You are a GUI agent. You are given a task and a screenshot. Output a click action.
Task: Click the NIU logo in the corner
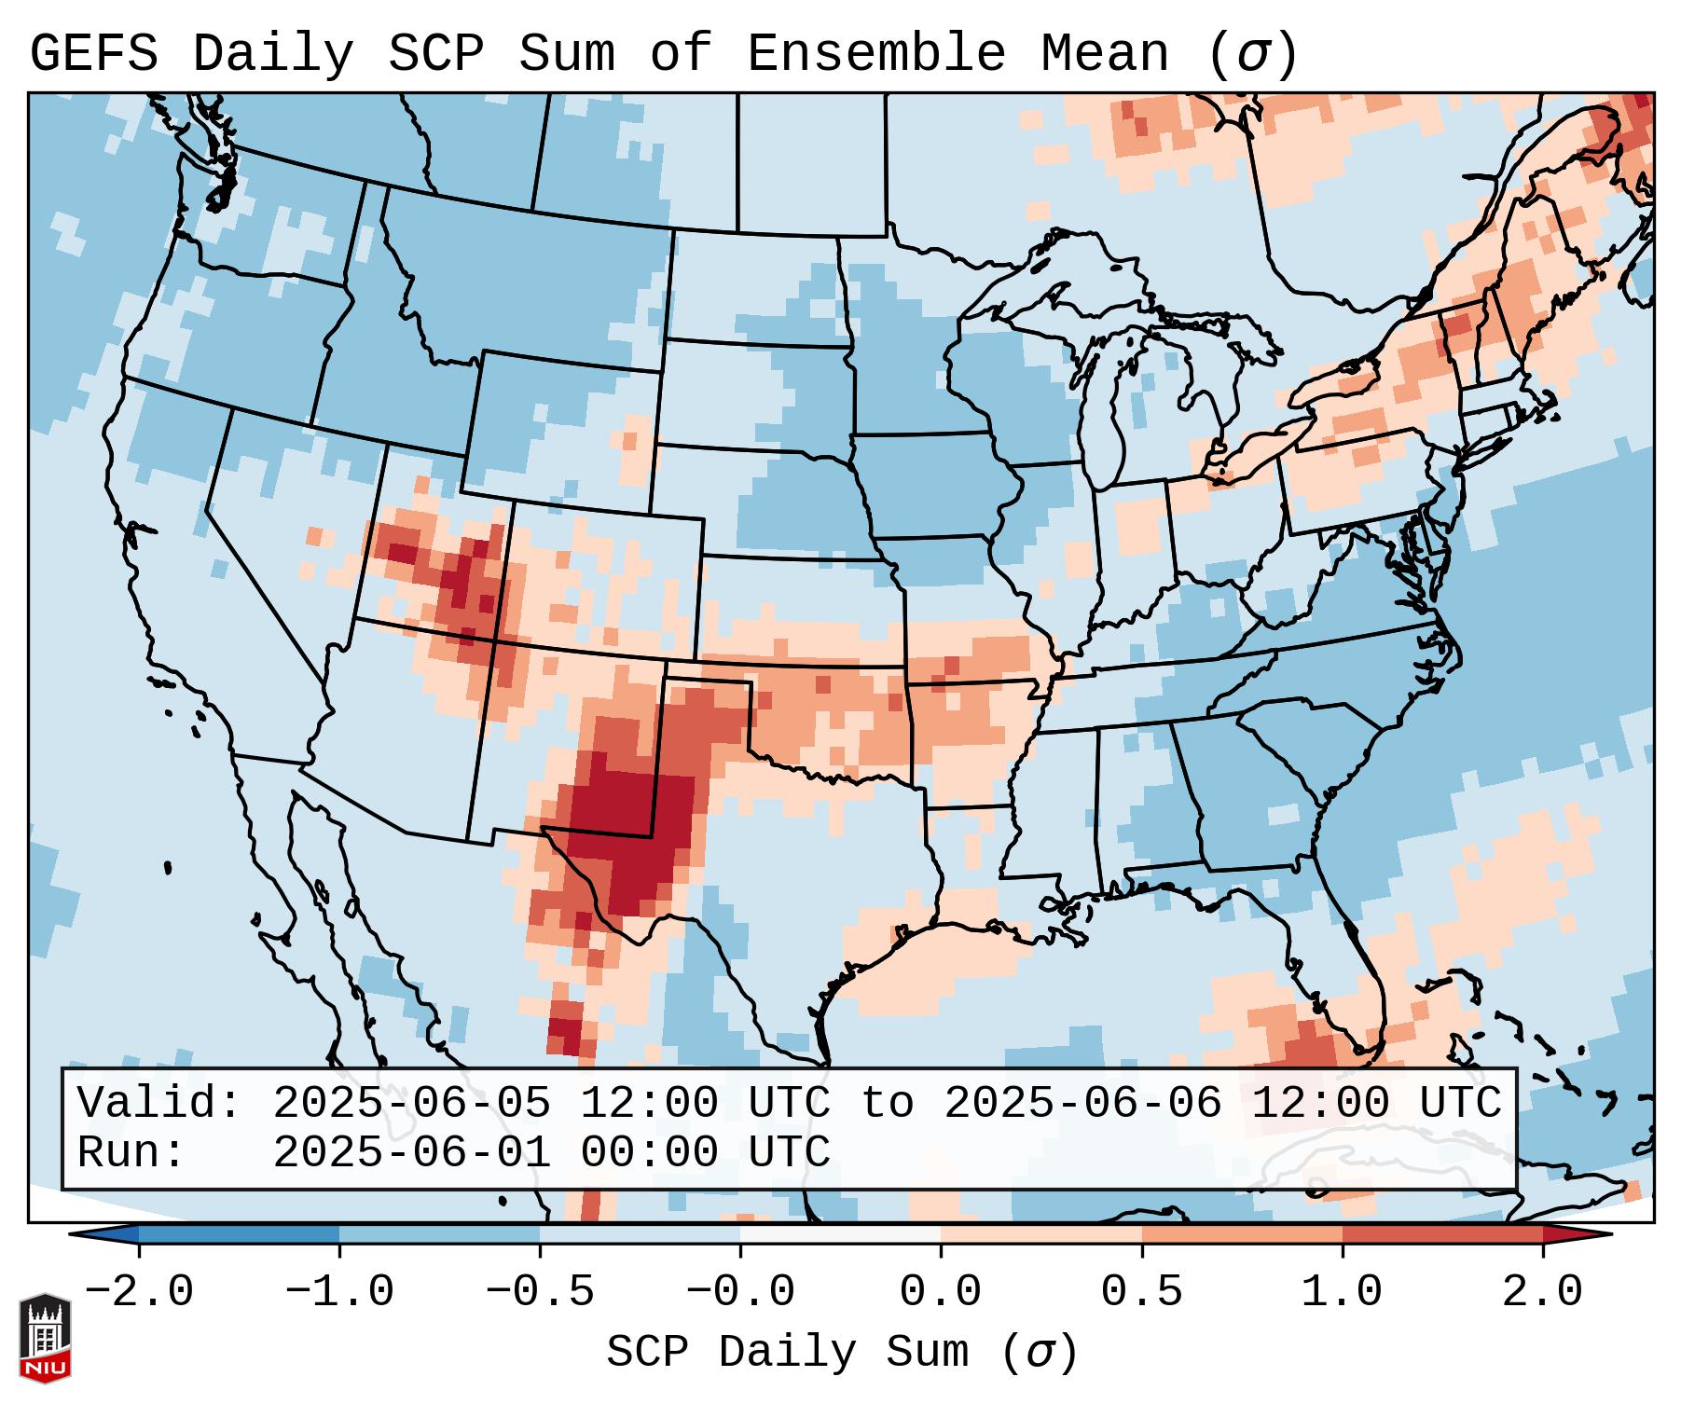click(45, 1338)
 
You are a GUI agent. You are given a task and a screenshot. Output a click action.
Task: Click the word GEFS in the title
click(94, 54)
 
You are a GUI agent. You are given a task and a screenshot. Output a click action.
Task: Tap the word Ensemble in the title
click(876, 54)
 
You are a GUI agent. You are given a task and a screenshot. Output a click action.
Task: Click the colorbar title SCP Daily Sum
click(788, 1353)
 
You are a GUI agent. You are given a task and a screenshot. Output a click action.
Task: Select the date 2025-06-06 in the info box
click(1082, 1104)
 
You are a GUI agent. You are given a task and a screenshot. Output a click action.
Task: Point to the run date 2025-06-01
click(411, 1153)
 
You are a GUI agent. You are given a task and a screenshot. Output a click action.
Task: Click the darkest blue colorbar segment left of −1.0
click(239, 1234)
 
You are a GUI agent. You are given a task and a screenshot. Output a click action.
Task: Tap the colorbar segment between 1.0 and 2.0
click(1442, 1234)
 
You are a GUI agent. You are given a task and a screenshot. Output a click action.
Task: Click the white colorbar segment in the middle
click(840, 1234)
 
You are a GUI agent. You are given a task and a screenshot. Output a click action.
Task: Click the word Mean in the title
click(1104, 54)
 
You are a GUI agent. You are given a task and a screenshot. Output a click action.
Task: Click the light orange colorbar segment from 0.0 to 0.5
click(1041, 1234)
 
